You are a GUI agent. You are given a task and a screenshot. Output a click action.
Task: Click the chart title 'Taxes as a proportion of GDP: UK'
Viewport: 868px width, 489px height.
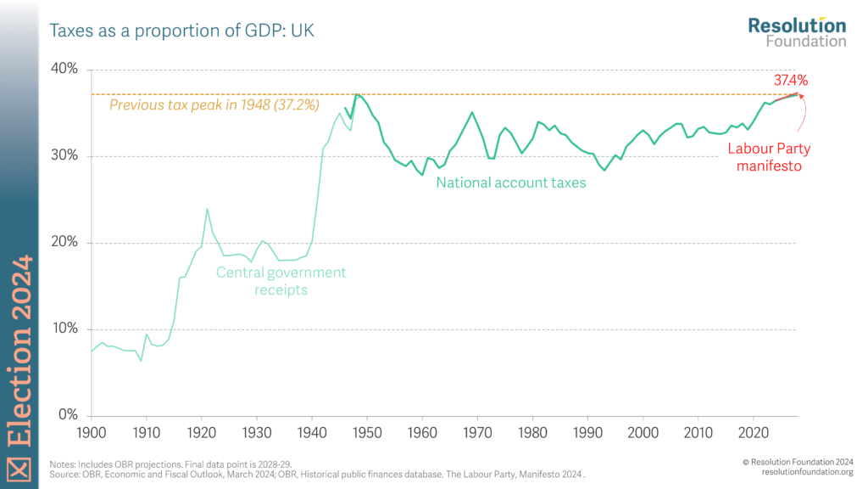pyautogui.click(x=181, y=31)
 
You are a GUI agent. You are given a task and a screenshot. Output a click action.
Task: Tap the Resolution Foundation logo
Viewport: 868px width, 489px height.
pyautogui.click(x=797, y=32)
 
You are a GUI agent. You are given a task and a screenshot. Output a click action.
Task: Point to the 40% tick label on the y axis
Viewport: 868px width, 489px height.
pyautogui.click(x=64, y=69)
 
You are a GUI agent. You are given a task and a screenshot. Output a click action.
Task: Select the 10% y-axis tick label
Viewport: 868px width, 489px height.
pyautogui.click(x=64, y=329)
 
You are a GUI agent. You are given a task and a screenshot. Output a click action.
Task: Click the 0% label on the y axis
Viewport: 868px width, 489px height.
pyautogui.click(x=68, y=414)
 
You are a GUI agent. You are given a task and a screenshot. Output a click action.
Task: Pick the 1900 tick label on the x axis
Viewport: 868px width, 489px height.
pyautogui.click(x=92, y=433)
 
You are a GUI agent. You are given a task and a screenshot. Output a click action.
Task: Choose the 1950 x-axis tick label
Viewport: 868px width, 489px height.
pyautogui.click(x=366, y=433)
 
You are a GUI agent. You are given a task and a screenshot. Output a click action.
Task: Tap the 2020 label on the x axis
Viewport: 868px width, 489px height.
pyautogui.click(x=754, y=433)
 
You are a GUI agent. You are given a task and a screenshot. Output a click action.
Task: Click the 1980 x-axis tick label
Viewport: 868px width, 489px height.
pyautogui.click(x=532, y=433)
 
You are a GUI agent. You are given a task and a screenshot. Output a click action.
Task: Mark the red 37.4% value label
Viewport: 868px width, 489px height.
pyautogui.click(x=791, y=81)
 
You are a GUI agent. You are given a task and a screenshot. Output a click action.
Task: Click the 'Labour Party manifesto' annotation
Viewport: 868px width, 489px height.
pyautogui.click(x=769, y=157)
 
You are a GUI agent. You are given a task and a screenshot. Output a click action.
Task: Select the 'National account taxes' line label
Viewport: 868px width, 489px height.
pyautogui.click(x=511, y=183)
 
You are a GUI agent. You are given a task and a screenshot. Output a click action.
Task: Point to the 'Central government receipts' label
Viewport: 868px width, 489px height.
pyautogui.click(x=281, y=280)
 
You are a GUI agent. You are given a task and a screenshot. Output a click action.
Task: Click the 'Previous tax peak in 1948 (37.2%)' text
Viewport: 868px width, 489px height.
pyautogui.click(x=214, y=104)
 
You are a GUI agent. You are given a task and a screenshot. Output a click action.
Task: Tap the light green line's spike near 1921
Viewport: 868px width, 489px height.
pyautogui.click(x=207, y=209)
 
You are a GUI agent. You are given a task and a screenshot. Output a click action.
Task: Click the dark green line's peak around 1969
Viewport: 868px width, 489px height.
pyautogui.click(x=472, y=113)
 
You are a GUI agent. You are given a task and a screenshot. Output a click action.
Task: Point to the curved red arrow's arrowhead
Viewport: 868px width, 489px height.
pyautogui.click(x=802, y=97)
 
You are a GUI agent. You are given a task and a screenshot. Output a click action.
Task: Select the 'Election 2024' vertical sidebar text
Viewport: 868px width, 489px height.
pyautogui.click(x=20, y=351)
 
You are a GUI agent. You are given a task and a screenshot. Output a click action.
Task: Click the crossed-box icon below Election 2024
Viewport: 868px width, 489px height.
pyautogui.click(x=19, y=469)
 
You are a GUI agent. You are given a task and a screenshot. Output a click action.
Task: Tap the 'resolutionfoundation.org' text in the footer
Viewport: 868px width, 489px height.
pyautogui.click(x=807, y=472)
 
